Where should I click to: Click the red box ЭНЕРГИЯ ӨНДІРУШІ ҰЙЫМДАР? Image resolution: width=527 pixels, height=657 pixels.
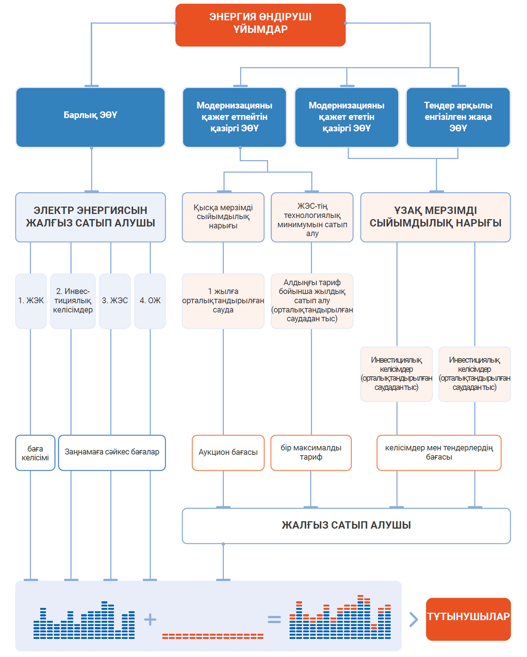pos(260,25)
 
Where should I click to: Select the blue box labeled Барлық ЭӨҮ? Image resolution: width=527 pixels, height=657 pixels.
pos(90,117)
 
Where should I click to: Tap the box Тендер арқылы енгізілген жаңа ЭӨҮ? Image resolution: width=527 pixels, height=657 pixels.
pos(458,117)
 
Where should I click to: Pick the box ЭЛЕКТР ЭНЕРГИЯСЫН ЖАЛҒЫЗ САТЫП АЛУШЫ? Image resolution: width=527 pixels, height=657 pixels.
pos(90,217)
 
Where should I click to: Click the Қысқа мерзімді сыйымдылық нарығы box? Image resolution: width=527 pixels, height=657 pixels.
pos(223,217)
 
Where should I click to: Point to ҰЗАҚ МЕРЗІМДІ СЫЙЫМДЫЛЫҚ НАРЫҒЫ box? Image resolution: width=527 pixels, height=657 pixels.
pos(436,217)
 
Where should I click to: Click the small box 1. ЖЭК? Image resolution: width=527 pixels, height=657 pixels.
pos(31,301)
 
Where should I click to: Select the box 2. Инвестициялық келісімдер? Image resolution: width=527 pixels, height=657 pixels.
pos(73,301)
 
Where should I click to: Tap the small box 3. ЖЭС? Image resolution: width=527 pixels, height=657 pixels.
pos(115,301)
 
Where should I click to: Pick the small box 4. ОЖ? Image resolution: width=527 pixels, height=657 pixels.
pos(150,301)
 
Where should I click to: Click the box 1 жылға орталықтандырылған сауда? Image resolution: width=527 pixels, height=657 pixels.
pos(223,301)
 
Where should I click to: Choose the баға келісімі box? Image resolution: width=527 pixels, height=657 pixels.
pos(35,453)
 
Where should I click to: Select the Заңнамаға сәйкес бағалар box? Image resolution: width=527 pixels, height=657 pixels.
pos(112,452)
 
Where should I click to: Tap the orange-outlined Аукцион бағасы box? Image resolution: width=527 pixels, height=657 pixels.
pos(228,453)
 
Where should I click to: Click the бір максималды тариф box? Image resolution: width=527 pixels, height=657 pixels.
pos(311,453)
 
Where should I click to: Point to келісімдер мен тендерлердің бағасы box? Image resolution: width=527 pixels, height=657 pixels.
pos(439,453)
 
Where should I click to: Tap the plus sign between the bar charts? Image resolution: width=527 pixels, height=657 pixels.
pos(150,619)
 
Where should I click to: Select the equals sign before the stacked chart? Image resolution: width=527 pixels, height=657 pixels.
pos(274,619)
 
